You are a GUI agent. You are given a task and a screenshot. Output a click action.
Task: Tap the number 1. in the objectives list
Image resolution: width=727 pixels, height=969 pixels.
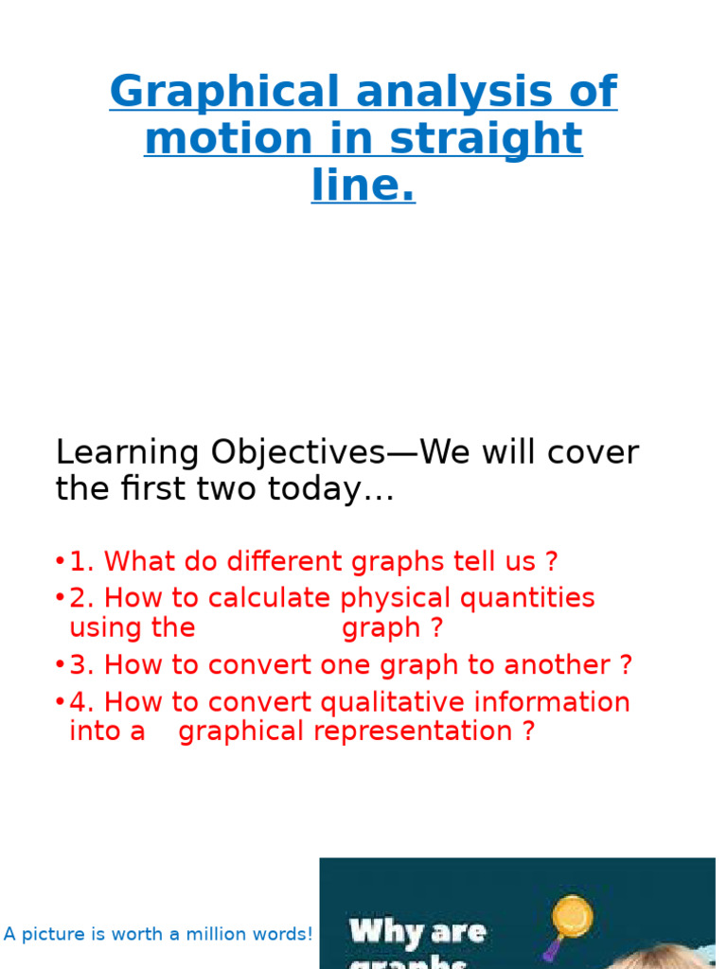pyautogui.click(x=82, y=561)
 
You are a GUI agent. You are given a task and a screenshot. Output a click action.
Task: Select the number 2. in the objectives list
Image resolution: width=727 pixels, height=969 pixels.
pyautogui.click(x=82, y=598)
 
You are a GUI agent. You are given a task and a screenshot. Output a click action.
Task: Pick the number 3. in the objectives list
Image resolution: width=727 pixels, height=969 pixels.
pyautogui.click(x=82, y=664)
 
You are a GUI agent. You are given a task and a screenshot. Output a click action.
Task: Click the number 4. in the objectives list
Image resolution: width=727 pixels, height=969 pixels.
pyautogui.click(x=82, y=702)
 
